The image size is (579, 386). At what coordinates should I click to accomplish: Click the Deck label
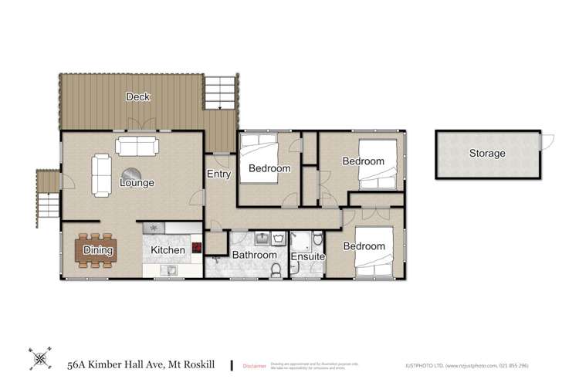point(139,97)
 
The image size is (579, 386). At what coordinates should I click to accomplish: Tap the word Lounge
point(137,184)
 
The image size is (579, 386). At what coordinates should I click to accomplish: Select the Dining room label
point(98,250)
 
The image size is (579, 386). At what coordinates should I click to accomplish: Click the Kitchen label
point(168,250)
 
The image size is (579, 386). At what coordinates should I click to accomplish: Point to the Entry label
point(219,174)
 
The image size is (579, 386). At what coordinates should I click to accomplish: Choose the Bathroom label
point(255,255)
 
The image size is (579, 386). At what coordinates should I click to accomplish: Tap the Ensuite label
point(308,256)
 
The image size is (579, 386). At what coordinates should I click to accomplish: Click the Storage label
point(487,154)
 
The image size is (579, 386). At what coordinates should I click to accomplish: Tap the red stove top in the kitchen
point(197,248)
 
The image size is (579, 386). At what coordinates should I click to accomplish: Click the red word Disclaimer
point(254,365)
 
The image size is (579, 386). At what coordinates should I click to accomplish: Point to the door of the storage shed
point(549,141)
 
